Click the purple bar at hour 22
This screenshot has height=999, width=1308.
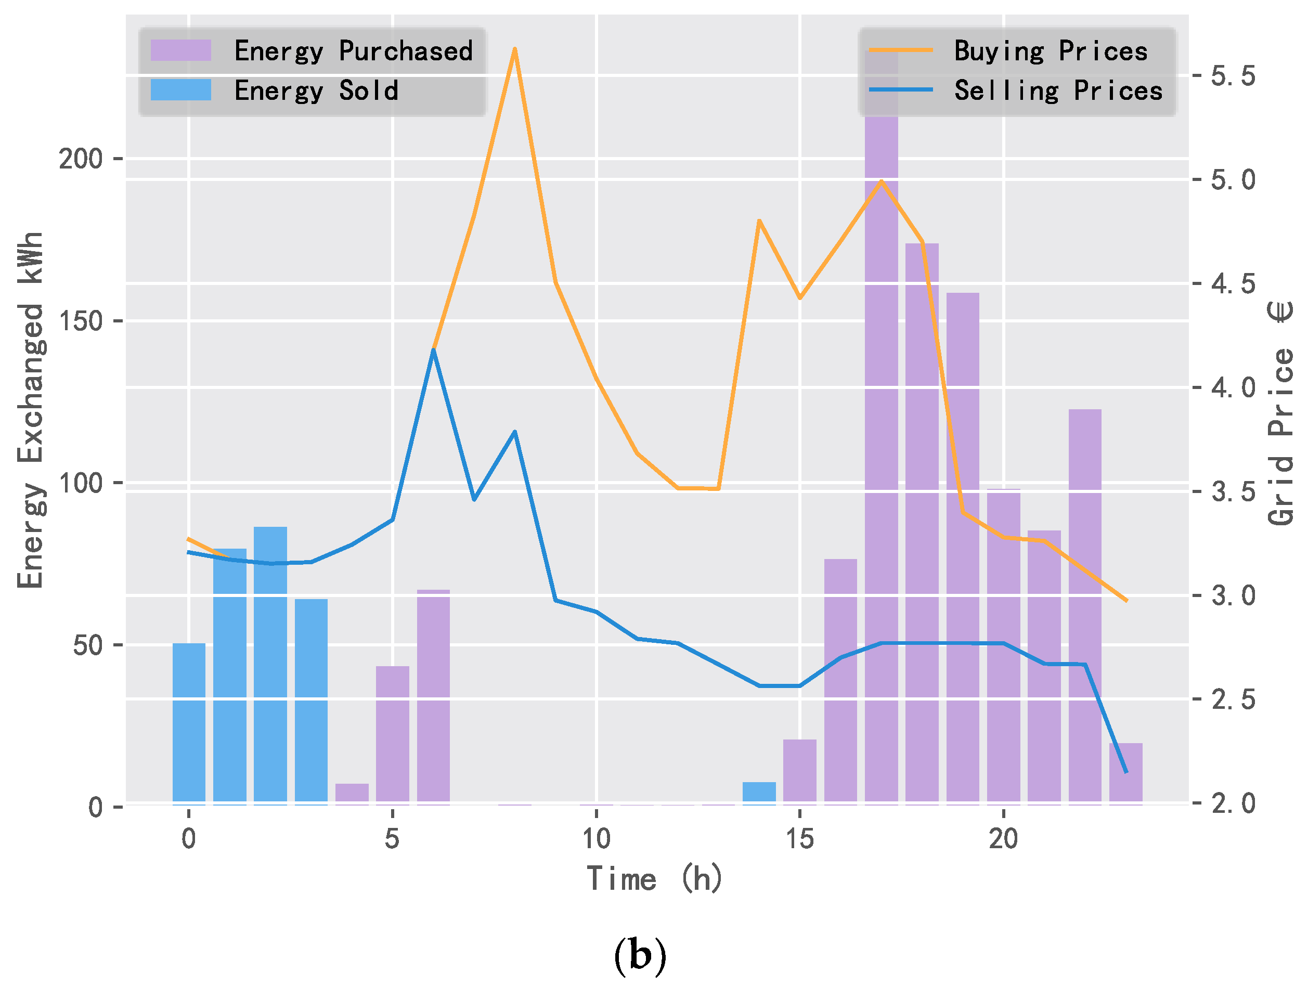[x=1084, y=606]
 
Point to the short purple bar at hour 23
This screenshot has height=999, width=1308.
[x=1125, y=774]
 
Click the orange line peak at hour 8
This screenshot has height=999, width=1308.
[x=514, y=49]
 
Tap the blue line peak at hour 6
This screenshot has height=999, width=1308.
[x=433, y=350]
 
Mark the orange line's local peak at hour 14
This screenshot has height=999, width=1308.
[x=759, y=220]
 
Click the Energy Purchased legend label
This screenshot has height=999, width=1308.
[x=353, y=50]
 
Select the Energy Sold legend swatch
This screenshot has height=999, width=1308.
[x=181, y=90]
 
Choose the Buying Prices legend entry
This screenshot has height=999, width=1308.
[x=1051, y=50]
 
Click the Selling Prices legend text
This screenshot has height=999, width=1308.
[x=1058, y=90]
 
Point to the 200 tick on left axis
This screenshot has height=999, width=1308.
[x=80, y=159]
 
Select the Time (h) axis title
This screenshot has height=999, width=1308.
[x=654, y=878]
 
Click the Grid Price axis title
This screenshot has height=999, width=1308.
[x=1280, y=413]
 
